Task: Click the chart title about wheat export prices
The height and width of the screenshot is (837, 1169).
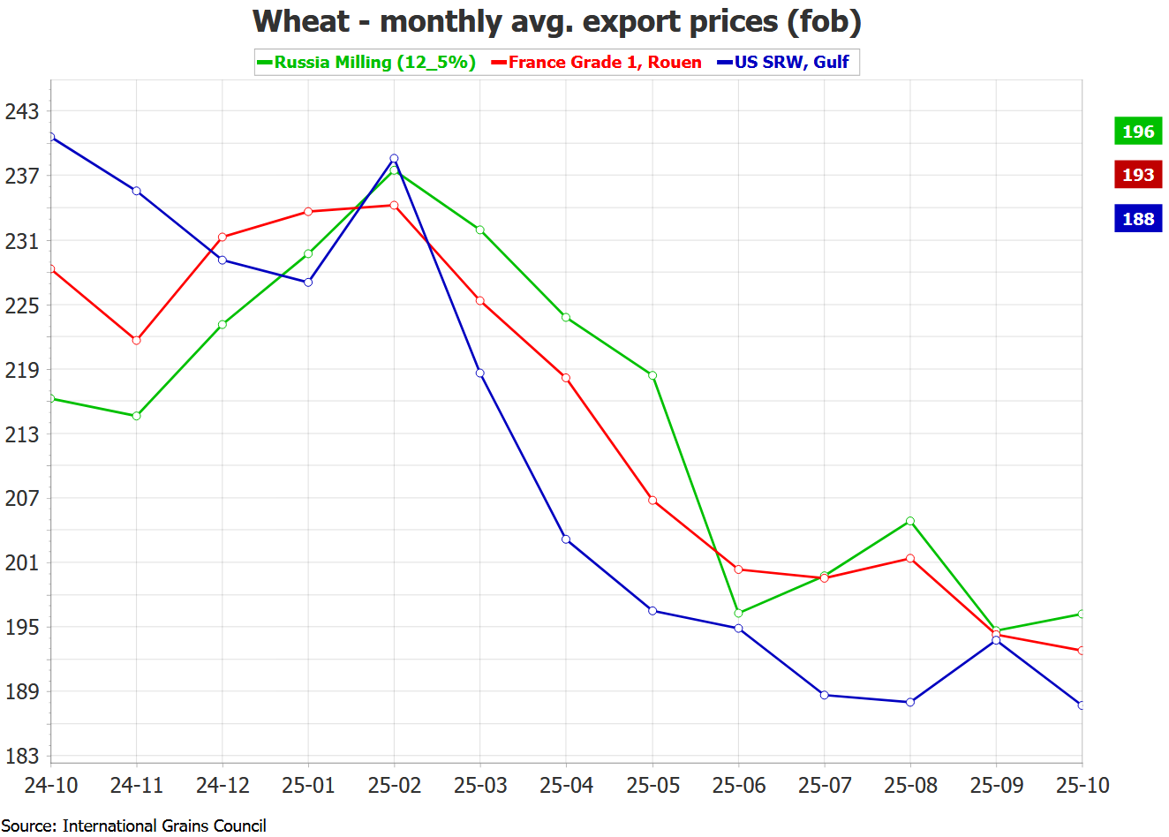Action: pyautogui.click(x=557, y=21)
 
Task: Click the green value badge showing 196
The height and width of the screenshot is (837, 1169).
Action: pyautogui.click(x=1138, y=132)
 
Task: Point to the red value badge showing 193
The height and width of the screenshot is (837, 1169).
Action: pyautogui.click(x=1138, y=175)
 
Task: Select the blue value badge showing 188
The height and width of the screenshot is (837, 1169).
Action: pyautogui.click(x=1138, y=219)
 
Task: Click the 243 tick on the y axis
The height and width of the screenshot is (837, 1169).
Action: pyautogui.click(x=22, y=111)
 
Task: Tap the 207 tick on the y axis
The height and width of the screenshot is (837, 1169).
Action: pyautogui.click(x=22, y=498)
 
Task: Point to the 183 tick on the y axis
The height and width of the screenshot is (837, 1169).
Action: pyautogui.click(x=22, y=756)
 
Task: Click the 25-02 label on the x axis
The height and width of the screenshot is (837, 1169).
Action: pyautogui.click(x=394, y=785)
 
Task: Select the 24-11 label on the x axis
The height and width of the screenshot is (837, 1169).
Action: pyautogui.click(x=136, y=785)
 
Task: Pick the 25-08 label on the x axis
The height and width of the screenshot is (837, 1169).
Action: pyautogui.click(x=910, y=785)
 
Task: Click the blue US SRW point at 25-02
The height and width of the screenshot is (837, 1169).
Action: pyautogui.click(x=394, y=159)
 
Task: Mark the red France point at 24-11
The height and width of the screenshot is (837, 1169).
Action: pyautogui.click(x=136, y=340)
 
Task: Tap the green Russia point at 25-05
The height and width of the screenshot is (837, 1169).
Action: pyautogui.click(x=652, y=375)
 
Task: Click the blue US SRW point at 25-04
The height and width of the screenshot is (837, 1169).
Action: pyautogui.click(x=566, y=539)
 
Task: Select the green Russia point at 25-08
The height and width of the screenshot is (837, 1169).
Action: pyautogui.click(x=910, y=521)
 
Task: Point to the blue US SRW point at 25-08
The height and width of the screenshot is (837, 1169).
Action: pyautogui.click(x=910, y=702)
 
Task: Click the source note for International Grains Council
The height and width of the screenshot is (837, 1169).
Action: pyautogui.click(x=134, y=826)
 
